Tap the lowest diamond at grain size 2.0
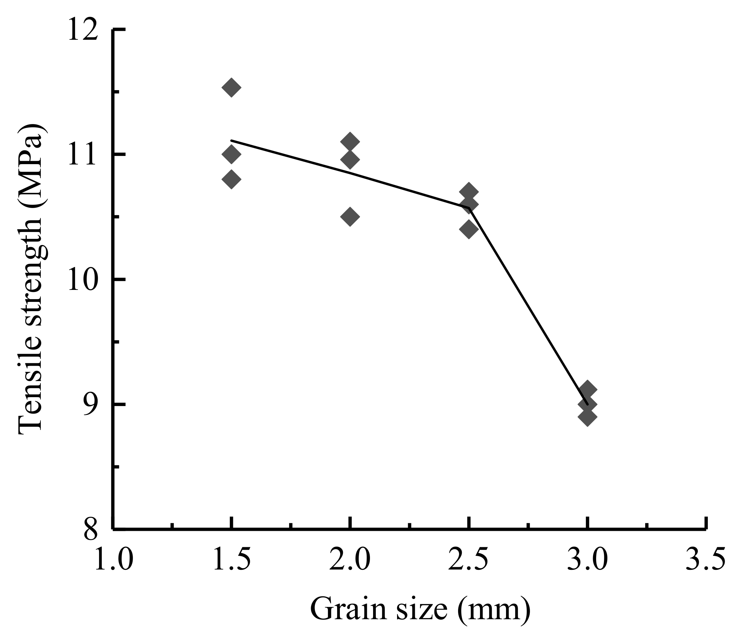tap(350, 216)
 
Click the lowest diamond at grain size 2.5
tap(469, 229)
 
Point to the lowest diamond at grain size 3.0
tap(587, 417)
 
